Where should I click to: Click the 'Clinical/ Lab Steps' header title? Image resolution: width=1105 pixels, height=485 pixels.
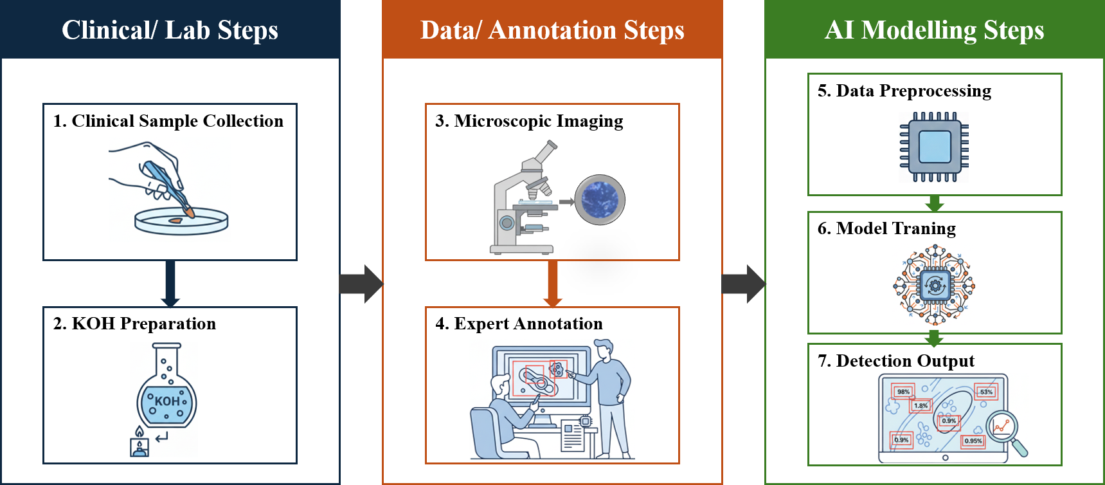point(170,30)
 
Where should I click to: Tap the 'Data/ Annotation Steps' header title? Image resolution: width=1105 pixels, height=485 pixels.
point(552,30)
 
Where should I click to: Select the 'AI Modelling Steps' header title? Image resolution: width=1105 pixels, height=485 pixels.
point(935,30)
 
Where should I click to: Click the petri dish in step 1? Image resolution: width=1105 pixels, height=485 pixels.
point(181,221)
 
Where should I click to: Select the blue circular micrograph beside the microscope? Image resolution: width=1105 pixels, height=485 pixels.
point(600,199)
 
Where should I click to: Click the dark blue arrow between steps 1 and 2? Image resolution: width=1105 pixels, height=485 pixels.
point(170,284)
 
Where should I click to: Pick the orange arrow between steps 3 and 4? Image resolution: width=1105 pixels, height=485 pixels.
point(552,284)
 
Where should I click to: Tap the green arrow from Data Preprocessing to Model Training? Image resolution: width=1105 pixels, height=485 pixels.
point(935,204)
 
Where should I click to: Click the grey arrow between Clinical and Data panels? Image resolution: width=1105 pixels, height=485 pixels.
point(361,284)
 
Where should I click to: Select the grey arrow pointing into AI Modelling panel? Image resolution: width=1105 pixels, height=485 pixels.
point(744,284)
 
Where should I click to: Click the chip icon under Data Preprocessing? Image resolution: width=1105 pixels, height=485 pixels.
point(935,147)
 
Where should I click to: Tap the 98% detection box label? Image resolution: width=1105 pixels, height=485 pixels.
point(903,392)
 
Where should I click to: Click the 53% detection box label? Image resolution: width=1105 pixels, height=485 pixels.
point(986,392)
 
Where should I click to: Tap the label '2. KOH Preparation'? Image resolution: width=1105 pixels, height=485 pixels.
point(134,324)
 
